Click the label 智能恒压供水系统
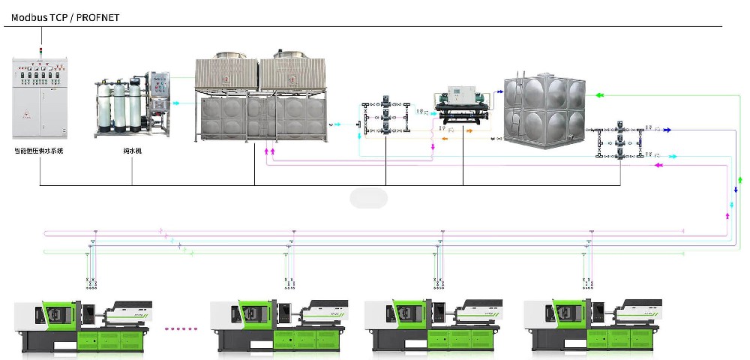pyautogui.click(x=40, y=151)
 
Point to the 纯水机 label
pyautogui.click(x=132, y=151)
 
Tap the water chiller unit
pyautogui.click(x=463, y=106)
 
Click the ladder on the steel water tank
pyautogui.click(x=508, y=112)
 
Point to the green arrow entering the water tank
pyautogui.click(x=599, y=96)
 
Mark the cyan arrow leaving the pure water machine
pyautogui.click(x=176, y=103)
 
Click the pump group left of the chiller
pyautogui.click(x=385, y=116)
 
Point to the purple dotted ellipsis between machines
pyautogui.click(x=179, y=328)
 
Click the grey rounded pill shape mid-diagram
pyautogui.click(x=368, y=198)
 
